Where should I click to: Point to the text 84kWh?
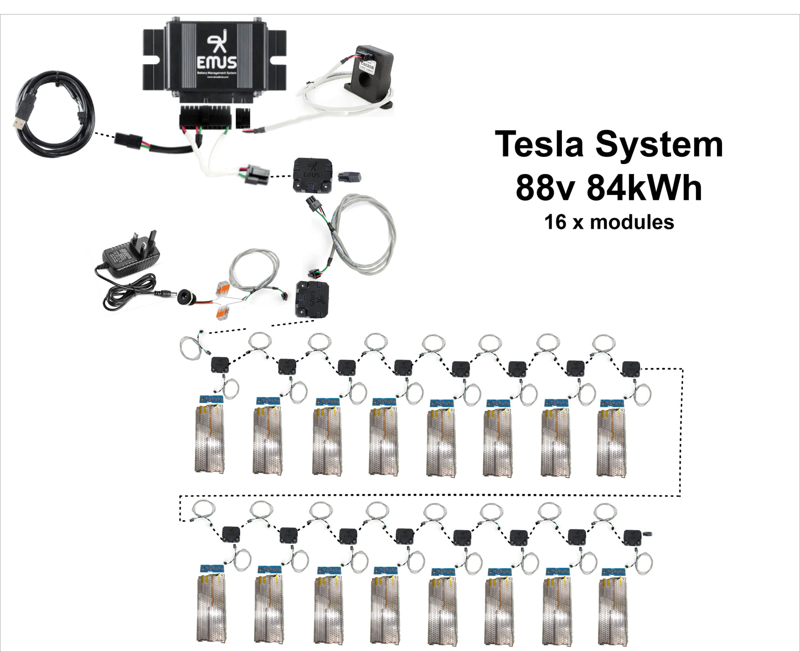(644, 188)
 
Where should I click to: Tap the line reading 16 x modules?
(609, 222)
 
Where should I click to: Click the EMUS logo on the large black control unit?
(217, 53)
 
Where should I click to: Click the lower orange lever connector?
(224, 311)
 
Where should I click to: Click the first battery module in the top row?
(210, 438)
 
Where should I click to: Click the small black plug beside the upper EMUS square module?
(349, 176)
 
